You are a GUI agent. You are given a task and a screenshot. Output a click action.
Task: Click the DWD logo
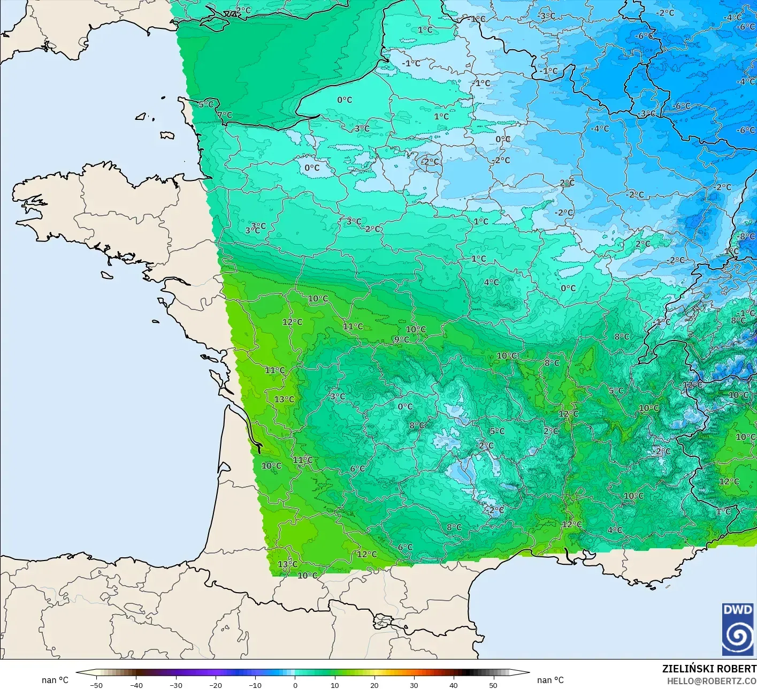[x=738, y=629]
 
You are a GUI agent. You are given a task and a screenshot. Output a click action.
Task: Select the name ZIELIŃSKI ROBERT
[x=709, y=669]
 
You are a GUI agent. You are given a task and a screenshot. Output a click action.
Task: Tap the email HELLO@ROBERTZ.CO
[x=712, y=681]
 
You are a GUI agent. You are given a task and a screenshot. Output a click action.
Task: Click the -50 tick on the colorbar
[x=96, y=685]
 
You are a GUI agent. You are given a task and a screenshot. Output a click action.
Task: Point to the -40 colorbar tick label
[x=136, y=685]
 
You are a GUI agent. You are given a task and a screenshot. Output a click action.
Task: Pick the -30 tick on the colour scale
[x=175, y=685]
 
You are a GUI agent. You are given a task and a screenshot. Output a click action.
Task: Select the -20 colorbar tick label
[x=215, y=685]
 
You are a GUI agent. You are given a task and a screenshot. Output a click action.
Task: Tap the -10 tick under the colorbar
[x=255, y=685]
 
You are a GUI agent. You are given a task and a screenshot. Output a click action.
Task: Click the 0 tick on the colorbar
[x=295, y=685]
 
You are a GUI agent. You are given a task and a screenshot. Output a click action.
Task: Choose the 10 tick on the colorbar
[x=334, y=685]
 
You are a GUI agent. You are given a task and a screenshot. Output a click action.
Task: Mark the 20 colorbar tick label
[x=374, y=685]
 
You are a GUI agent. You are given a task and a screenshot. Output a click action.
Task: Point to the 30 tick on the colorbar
[x=414, y=685]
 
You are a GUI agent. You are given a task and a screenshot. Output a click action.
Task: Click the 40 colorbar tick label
[x=453, y=685]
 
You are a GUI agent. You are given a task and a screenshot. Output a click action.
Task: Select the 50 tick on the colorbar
[x=493, y=685]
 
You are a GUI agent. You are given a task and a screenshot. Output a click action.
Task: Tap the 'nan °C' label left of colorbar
[x=55, y=680]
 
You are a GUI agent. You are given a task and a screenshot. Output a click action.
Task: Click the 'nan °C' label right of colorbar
[x=550, y=680]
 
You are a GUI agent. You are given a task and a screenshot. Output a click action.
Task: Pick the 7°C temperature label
[x=225, y=115]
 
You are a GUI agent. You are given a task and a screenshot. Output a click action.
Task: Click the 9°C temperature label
[x=401, y=339]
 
